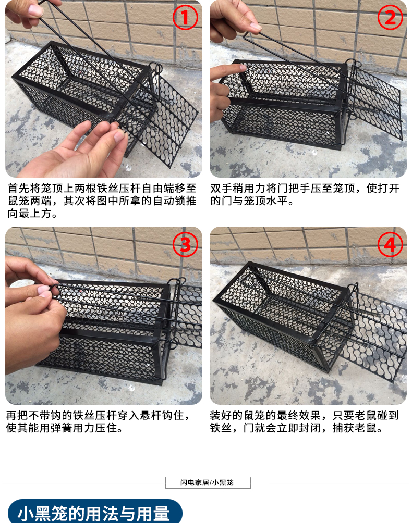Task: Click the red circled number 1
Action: pos(185,17)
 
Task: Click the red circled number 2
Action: pos(390,17)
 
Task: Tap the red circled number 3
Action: pos(185,244)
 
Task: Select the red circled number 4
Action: pos(390,244)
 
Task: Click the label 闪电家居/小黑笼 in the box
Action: pos(207,482)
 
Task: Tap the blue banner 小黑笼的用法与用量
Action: pos(95,512)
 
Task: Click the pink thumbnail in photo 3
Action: pos(43,290)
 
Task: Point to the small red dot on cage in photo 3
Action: pos(81,290)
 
